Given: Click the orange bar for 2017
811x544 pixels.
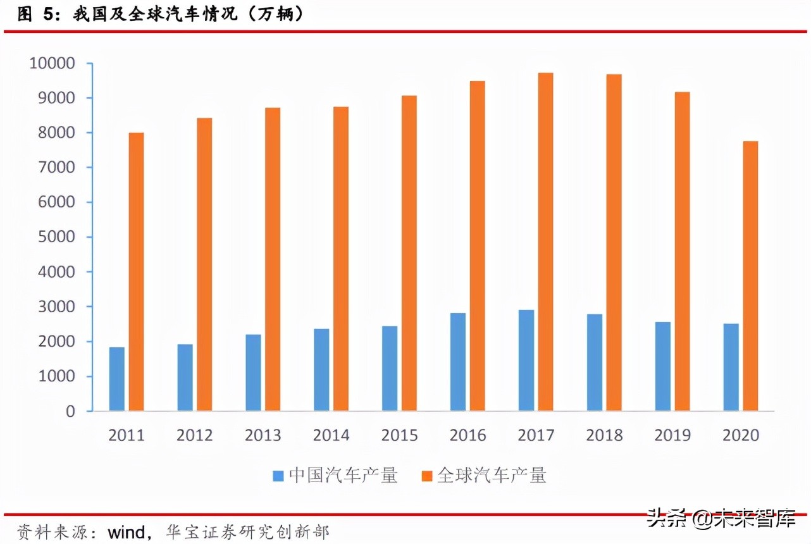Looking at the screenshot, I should (x=545, y=242).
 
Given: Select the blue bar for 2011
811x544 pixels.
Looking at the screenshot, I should (x=116, y=379).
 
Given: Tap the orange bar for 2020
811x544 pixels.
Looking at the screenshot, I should (x=750, y=276).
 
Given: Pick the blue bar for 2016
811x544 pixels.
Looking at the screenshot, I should (x=458, y=362).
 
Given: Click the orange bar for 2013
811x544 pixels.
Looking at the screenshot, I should (x=273, y=259).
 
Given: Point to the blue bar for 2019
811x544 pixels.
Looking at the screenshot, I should (x=662, y=366).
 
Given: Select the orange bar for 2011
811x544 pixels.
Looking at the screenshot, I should (x=136, y=271).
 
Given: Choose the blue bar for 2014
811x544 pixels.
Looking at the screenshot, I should (x=321, y=369).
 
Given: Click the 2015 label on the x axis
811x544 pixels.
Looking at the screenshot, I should (x=399, y=435).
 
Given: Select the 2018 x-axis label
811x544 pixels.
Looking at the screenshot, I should (x=604, y=435).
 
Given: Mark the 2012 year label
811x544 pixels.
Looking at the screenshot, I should (x=194, y=435).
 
